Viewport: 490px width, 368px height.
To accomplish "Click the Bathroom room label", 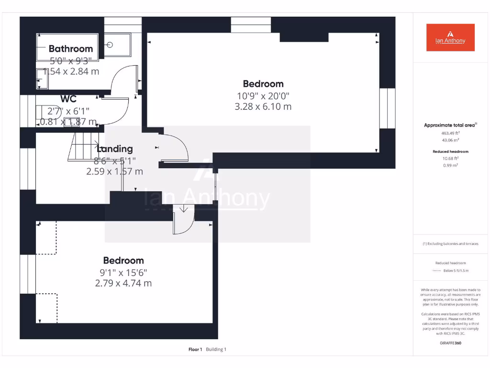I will point(71,48).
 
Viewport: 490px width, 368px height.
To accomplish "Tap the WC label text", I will point(68,99).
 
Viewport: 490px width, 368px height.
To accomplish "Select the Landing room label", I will point(114,149).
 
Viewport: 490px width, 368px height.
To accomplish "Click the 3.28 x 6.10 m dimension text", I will point(263,106).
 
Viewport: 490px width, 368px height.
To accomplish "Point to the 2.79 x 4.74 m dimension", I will point(123,283).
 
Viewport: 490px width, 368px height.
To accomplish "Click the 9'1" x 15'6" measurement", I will point(123,272).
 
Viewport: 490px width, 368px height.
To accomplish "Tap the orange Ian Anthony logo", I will point(450,37).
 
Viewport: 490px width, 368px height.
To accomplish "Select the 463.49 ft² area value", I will point(450,133).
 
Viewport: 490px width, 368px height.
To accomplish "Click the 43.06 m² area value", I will point(450,140).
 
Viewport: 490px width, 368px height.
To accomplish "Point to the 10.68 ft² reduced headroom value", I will point(450,158).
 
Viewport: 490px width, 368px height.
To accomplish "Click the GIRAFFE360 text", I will point(450,343).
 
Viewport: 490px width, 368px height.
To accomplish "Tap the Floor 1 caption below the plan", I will point(195,349).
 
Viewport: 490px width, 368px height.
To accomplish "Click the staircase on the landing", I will point(82,146).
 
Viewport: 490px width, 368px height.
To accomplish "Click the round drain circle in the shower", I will point(110,45).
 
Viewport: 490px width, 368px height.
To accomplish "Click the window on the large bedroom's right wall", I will point(387,108).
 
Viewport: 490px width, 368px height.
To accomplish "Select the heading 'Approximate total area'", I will point(449,125).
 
